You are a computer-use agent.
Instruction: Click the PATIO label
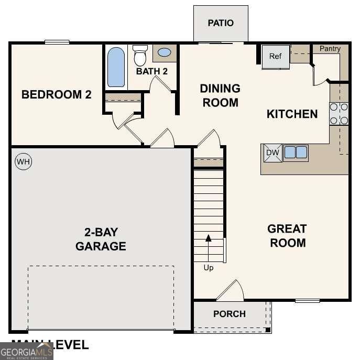click(221, 23)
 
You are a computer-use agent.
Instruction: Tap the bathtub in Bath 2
click(116, 67)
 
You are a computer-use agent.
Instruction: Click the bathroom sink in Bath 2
click(164, 52)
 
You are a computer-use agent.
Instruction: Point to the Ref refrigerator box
click(276, 57)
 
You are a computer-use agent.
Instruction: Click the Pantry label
click(330, 49)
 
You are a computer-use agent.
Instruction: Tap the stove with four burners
click(339, 114)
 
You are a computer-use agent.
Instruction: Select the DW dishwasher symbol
click(272, 152)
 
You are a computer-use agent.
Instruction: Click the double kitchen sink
click(296, 152)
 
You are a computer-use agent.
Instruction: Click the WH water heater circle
click(23, 162)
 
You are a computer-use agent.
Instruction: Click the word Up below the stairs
click(209, 268)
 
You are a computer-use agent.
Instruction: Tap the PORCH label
click(229, 314)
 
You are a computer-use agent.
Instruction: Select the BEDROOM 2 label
click(57, 95)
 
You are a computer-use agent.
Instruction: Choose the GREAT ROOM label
click(287, 236)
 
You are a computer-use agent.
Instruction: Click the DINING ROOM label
click(220, 95)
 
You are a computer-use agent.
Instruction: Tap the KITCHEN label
click(292, 114)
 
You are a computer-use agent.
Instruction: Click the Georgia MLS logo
click(26, 351)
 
